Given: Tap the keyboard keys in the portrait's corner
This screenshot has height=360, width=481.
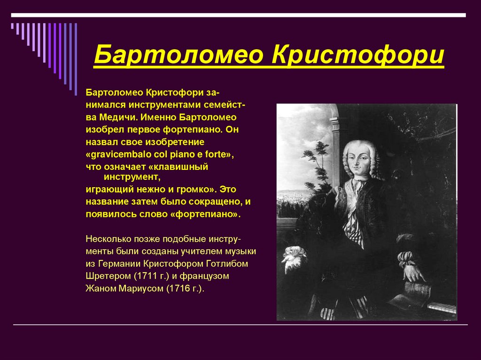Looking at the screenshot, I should [x=442, y=308].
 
